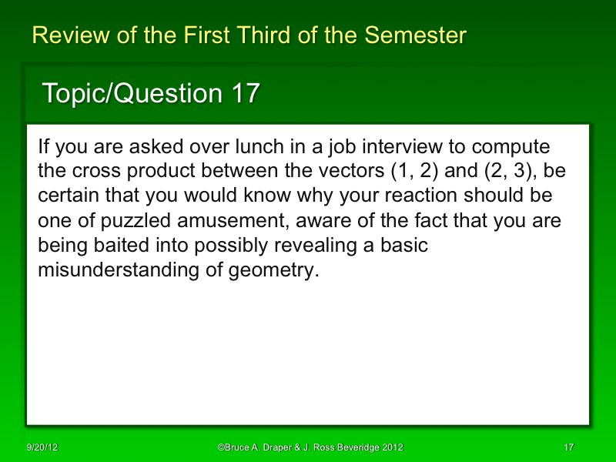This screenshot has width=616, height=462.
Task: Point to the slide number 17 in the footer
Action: coord(569,447)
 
